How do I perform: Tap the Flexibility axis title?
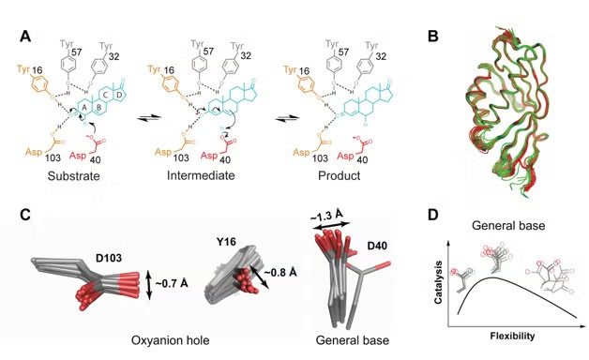[508, 334]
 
